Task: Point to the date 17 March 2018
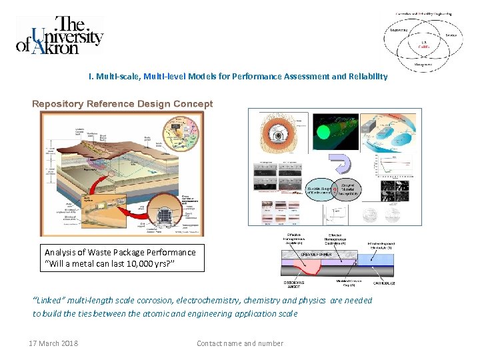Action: (x=53, y=343)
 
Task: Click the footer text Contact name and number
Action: (x=240, y=343)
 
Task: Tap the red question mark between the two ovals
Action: (x=336, y=187)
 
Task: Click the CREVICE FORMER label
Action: (x=317, y=254)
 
